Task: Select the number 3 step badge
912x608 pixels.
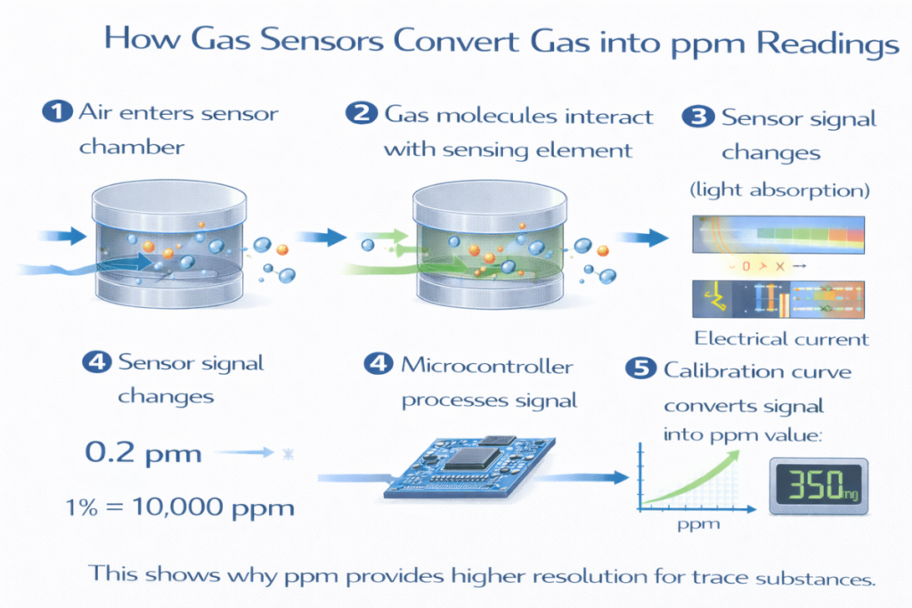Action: coord(696,118)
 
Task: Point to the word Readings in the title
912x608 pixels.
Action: coord(832,42)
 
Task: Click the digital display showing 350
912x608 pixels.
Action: coord(818,486)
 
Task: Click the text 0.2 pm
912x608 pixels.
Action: coord(142,453)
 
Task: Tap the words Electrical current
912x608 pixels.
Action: coord(781,338)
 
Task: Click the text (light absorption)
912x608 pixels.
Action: coord(780,191)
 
